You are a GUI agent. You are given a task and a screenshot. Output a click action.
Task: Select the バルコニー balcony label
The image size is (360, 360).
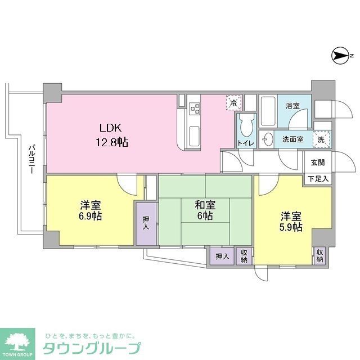tap(32, 161)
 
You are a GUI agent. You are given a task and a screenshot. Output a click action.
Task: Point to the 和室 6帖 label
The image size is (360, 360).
tap(204, 210)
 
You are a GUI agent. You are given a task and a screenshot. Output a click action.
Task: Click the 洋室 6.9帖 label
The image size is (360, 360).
tap(90, 210)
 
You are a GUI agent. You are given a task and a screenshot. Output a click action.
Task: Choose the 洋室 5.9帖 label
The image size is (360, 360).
tap(291, 221)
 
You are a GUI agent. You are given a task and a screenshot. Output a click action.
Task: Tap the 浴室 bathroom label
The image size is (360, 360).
tap(292, 106)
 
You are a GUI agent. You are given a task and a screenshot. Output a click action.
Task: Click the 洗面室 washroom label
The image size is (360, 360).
tap(293, 139)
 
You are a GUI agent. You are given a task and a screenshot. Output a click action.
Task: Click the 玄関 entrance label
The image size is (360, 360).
tap(318, 163)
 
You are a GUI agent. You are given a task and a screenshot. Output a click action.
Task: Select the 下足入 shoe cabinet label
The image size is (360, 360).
tap(318, 178)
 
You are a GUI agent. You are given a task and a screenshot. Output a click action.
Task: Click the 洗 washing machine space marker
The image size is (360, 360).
tap(321, 138)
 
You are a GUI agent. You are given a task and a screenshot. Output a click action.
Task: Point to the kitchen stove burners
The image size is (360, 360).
tap(194, 107)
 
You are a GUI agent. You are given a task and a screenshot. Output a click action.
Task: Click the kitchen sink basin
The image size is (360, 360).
tap(193, 135)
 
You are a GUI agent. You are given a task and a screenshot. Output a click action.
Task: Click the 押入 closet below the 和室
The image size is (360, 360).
tap(222, 256)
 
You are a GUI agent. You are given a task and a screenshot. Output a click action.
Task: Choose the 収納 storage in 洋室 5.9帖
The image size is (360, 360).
tap(319, 256)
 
